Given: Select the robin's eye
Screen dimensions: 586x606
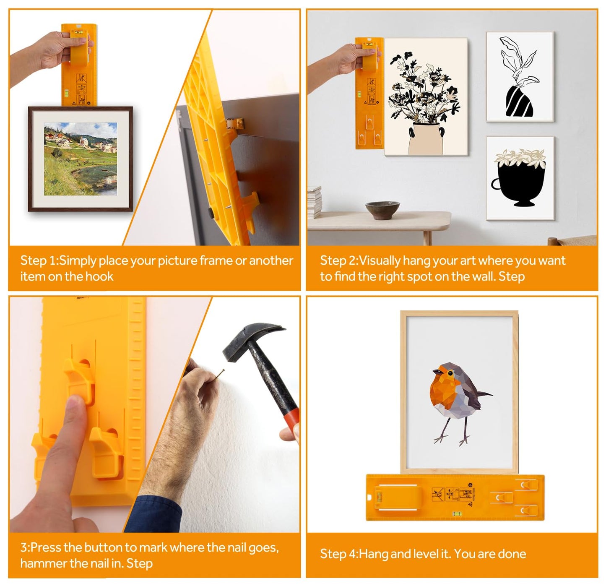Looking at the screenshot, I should coord(450,372).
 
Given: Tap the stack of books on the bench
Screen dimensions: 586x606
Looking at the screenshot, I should coord(315,202).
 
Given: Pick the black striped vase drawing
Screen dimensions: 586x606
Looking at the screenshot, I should coord(519,101).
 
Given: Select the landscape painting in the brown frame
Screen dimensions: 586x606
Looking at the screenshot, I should coord(81,159).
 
